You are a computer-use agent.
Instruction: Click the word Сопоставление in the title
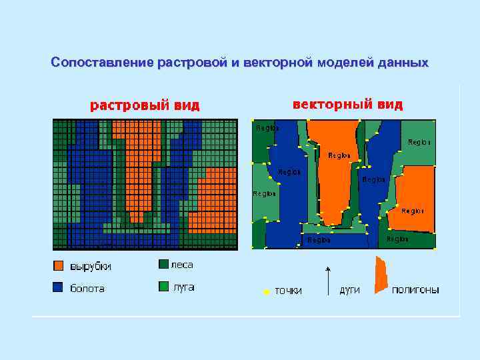[103, 63]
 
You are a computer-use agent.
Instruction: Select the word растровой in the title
[189, 63]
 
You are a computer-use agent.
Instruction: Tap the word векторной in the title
[278, 63]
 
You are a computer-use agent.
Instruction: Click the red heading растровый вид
[145, 105]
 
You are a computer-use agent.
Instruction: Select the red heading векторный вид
[347, 105]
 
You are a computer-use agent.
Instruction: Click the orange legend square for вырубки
[59, 266]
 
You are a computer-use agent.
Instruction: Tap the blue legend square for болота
[59, 288]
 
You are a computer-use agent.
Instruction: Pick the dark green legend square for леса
[163, 265]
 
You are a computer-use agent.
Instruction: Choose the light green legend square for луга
[163, 287]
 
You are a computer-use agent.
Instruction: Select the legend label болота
[87, 289]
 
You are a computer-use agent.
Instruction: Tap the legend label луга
[183, 287]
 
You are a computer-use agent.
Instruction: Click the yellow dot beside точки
[265, 291]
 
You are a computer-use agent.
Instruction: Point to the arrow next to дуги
[327, 280]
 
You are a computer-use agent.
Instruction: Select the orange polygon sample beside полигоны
[381, 275]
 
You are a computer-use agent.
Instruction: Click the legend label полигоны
[415, 290]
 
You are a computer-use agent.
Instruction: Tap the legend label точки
[288, 291]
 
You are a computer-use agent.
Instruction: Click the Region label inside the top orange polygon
[339, 155]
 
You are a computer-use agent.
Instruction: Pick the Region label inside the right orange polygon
[413, 211]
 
